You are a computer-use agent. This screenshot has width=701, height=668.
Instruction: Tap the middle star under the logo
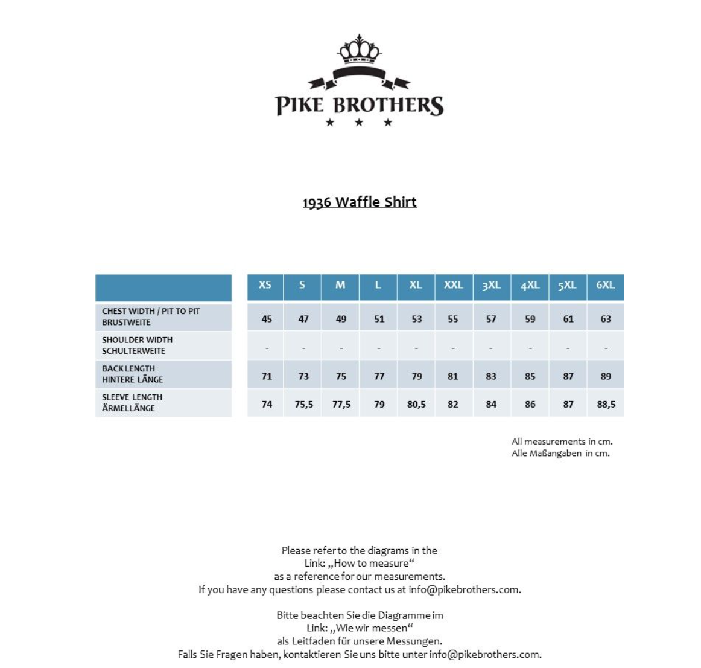pos(359,123)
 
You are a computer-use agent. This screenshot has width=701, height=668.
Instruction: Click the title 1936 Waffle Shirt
pos(360,202)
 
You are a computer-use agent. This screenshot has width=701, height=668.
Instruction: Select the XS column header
pos(265,285)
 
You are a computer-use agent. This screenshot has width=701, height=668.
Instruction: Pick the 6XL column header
pos(605,285)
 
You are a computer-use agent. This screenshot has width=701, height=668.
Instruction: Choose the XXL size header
pos(453,285)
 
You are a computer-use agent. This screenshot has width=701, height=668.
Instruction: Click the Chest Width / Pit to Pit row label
pos(151,316)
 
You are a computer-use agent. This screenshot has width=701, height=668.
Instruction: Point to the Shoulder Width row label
pos(137,345)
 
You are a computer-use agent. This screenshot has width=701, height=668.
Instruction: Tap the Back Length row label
pos(132,374)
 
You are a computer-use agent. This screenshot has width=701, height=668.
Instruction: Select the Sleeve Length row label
pos(132,403)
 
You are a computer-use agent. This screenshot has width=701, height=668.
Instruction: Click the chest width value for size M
pos(341,319)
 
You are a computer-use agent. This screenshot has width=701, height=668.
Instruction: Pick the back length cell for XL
pos(416,376)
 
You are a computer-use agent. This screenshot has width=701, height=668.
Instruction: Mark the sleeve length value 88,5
pos(606,405)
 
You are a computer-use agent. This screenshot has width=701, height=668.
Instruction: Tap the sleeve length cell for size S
pos(303,405)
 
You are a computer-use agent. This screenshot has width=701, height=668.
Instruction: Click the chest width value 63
pos(606,319)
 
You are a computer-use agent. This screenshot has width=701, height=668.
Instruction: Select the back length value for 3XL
pos(491,376)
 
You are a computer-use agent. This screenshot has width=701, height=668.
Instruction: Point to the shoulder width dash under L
pos(379,348)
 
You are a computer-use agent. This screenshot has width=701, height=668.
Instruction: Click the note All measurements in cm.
pos(562,442)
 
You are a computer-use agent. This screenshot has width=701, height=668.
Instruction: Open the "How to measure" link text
pos(371,564)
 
